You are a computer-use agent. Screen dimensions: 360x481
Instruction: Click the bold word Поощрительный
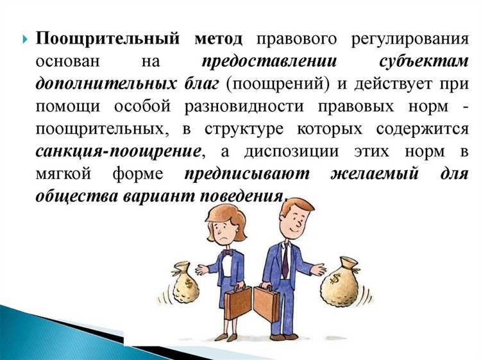tap(105, 39)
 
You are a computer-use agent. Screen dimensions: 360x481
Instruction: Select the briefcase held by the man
tap(267, 301)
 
